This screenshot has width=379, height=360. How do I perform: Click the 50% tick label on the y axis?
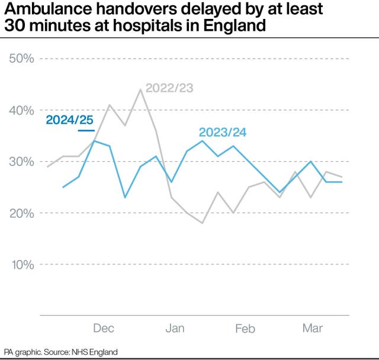coord(21,59)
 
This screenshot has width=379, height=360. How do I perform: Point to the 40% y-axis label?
coord(21,110)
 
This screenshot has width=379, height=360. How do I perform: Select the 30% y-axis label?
coord(21,162)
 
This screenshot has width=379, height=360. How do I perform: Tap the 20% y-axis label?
coord(21,213)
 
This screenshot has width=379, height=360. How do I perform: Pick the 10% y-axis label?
coord(21,264)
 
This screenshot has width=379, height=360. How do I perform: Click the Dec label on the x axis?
coord(104,328)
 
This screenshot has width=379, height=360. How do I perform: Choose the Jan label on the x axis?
coord(175,328)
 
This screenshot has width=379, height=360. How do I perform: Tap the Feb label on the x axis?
coord(245,328)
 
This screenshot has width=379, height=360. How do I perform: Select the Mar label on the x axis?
coord(313,328)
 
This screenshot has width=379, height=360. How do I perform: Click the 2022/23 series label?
coord(169,88)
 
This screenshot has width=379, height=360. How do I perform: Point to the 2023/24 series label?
coord(222,132)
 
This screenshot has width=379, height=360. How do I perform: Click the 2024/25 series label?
coord(69,120)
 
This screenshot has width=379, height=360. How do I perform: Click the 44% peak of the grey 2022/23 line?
coord(140,90)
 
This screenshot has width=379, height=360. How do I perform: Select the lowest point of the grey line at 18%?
coord(203,223)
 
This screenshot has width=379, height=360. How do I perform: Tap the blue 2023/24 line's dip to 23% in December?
coord(125,197)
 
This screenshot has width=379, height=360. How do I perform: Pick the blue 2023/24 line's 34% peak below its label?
coord(202,141)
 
